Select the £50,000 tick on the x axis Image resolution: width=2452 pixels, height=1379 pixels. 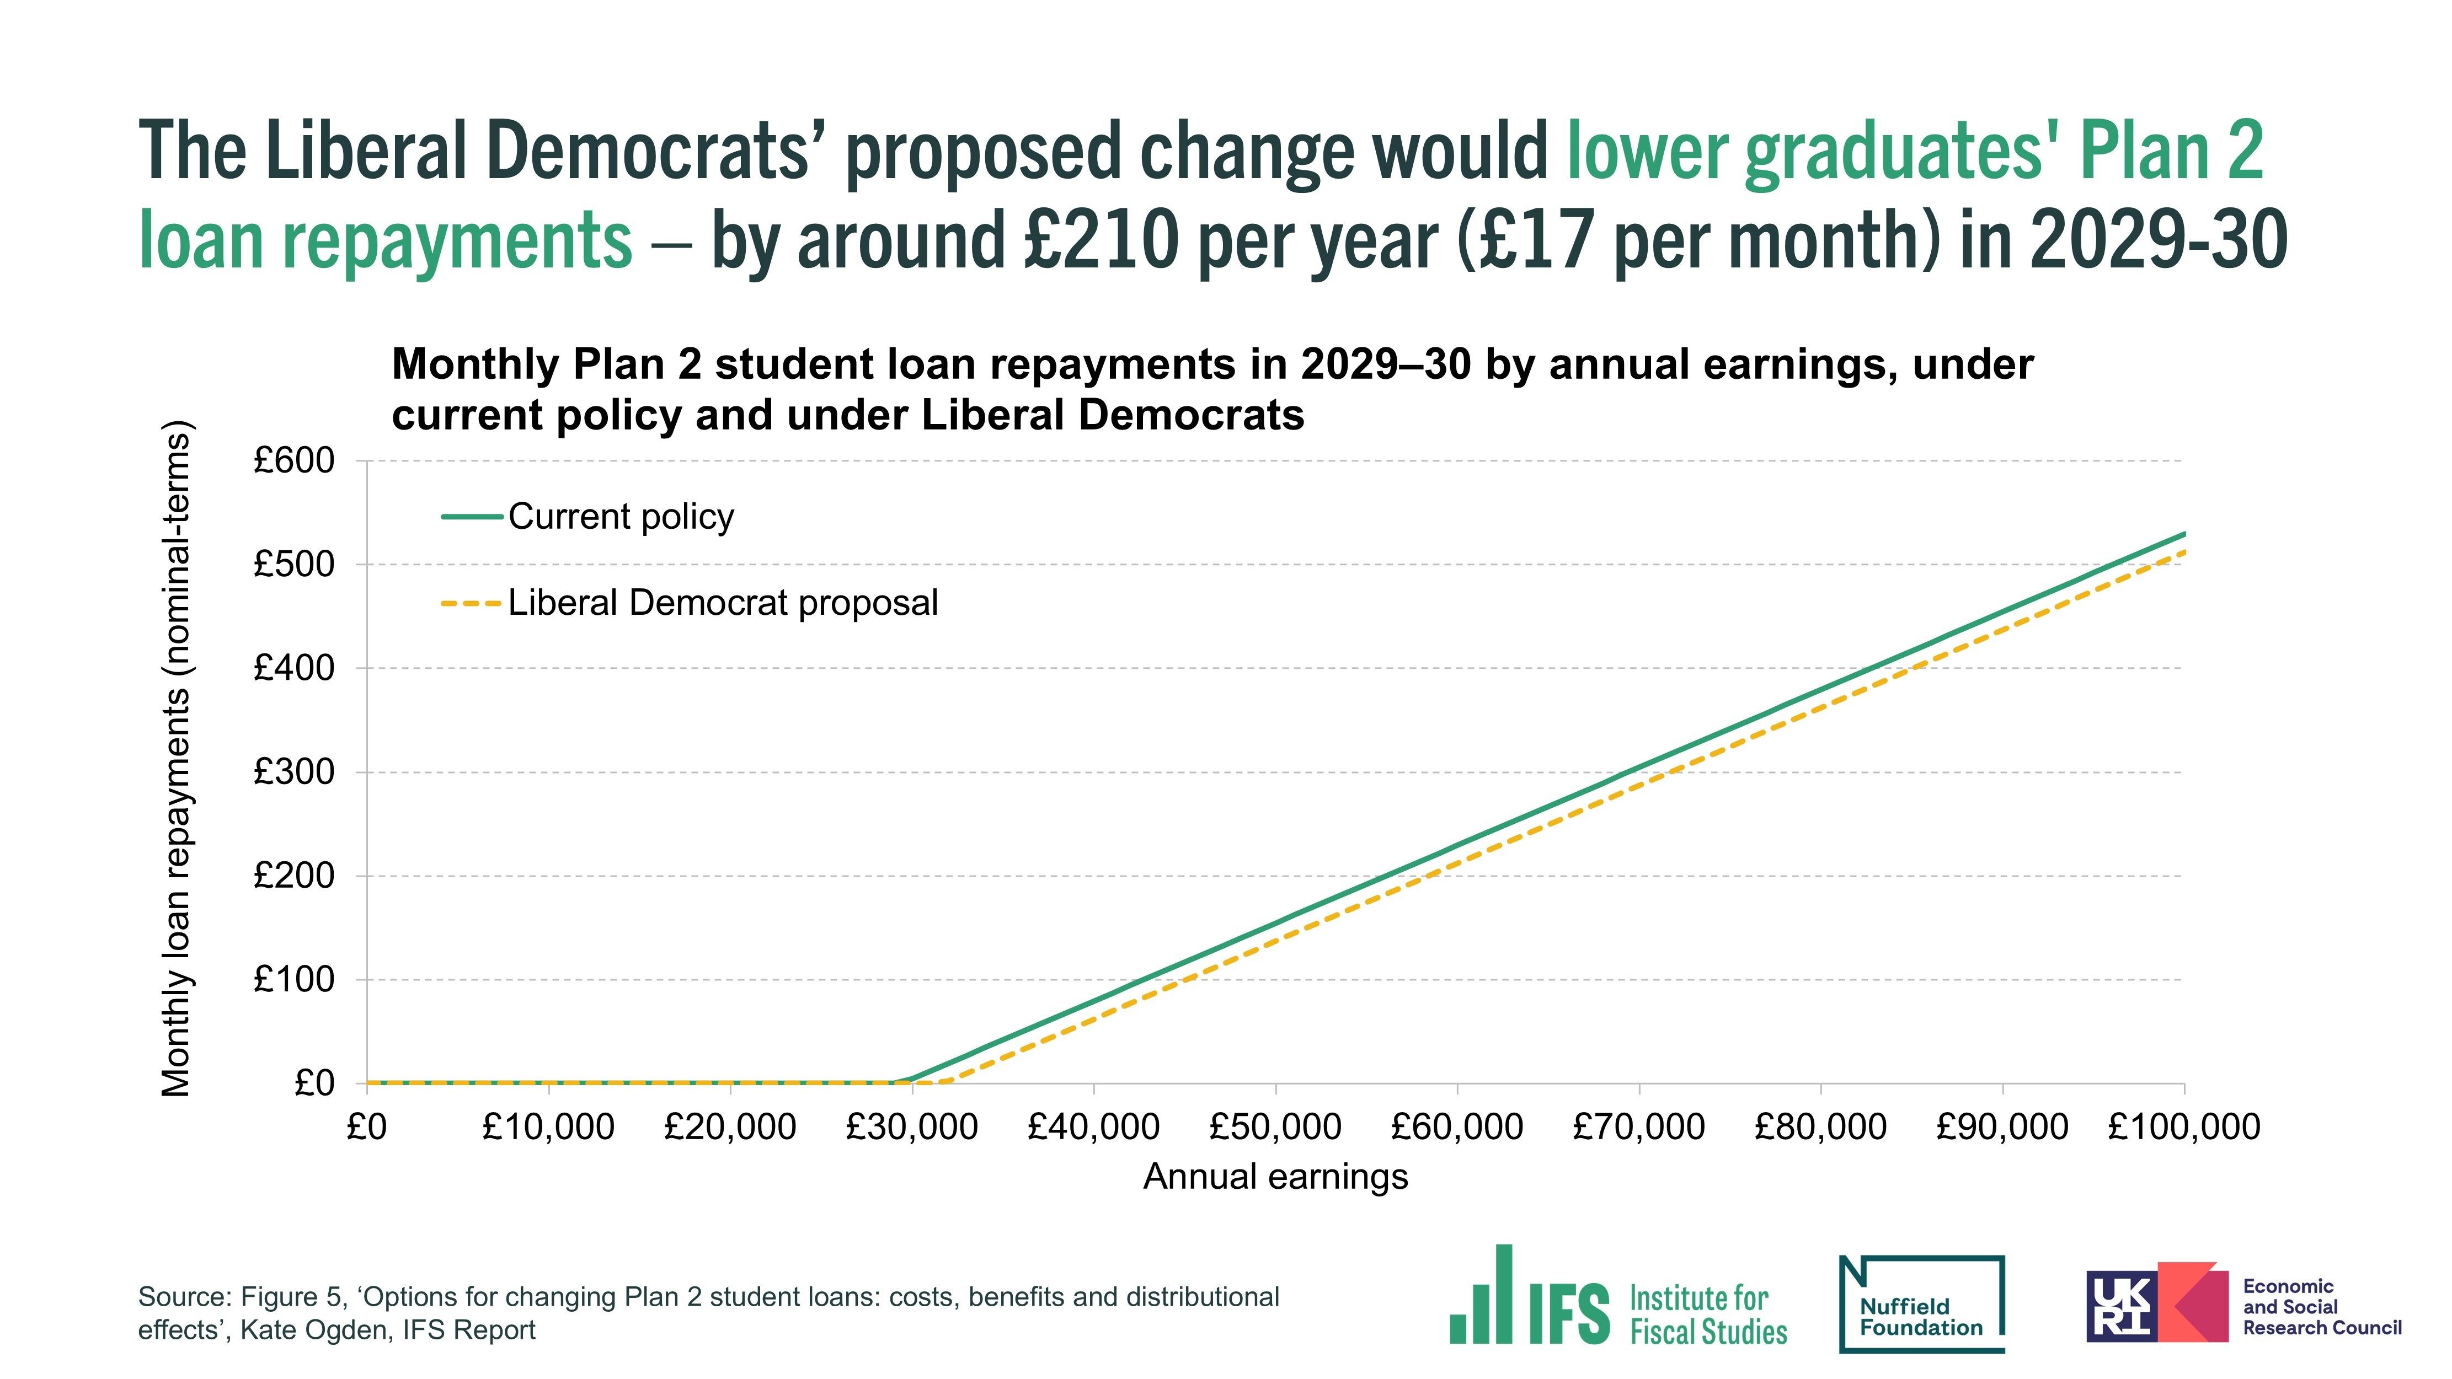coord(1275,1127)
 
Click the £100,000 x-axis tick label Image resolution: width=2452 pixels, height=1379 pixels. coord(2183,1127)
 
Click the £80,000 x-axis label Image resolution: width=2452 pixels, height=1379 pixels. coord(1820,1127)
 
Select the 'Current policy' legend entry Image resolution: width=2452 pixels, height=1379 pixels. coord(621,517)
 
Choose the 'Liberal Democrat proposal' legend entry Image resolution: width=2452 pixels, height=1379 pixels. coord(723,603)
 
